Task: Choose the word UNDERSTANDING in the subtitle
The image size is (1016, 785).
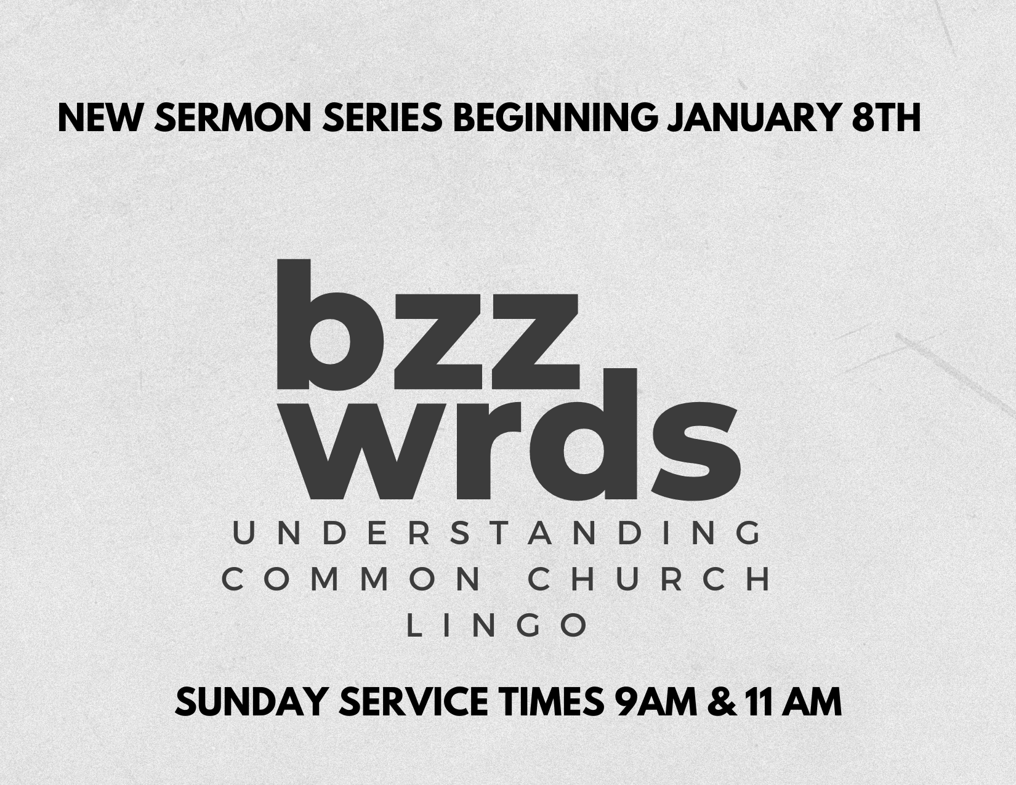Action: [x=498, y=533]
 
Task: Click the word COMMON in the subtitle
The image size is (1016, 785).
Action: [x=351, y=580]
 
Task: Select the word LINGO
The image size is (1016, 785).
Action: [x=498, y=626]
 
